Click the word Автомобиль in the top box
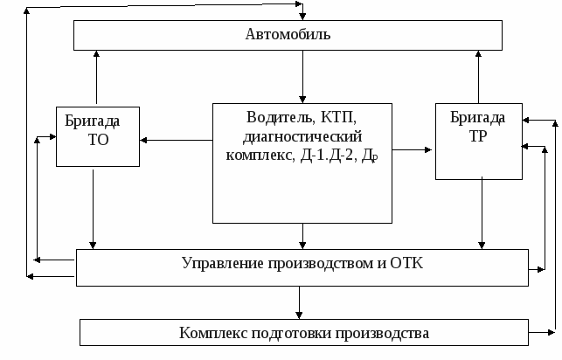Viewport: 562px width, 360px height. click(288, 34)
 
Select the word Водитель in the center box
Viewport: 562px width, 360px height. click(279, 117)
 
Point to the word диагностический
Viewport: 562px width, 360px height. click(302, 136)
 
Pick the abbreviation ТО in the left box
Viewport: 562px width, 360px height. click(98, 140)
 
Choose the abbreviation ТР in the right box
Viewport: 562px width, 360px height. click(478, 136)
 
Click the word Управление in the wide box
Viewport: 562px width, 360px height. click(223, 263)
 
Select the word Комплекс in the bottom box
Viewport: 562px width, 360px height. click(213, 333)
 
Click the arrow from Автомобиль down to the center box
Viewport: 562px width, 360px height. click(302, 77)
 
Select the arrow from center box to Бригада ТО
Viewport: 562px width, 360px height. click(176, 140)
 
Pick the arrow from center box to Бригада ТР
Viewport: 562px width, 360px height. click(413, 149)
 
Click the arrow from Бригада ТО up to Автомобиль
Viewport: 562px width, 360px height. click(96, 77)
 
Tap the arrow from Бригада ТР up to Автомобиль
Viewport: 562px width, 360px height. click(478, 77)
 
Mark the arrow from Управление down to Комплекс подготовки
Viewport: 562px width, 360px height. click(299, 302)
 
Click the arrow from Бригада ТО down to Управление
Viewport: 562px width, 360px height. click(93, 209)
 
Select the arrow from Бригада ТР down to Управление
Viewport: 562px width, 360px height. click(482, 213)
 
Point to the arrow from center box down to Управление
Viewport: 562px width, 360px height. click(302, 236)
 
